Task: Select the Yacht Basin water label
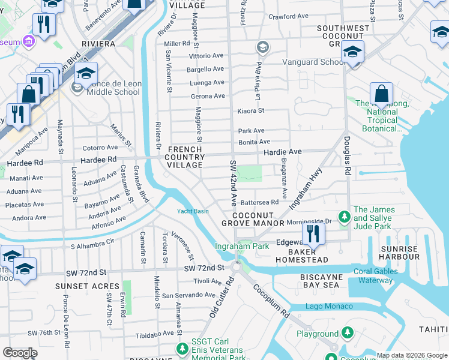(x=193, y=211)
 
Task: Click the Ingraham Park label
(x=243, y=246)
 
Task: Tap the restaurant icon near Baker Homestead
(x=313, y=232)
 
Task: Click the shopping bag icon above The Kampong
(x=381, y=94)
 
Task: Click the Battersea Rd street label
(x=261, y=202)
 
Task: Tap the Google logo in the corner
(x=20, y=353)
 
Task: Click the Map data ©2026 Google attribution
(x=412, y=355)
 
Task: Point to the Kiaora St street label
(x=251, y=110)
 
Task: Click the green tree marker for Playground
(x=347, y=332)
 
